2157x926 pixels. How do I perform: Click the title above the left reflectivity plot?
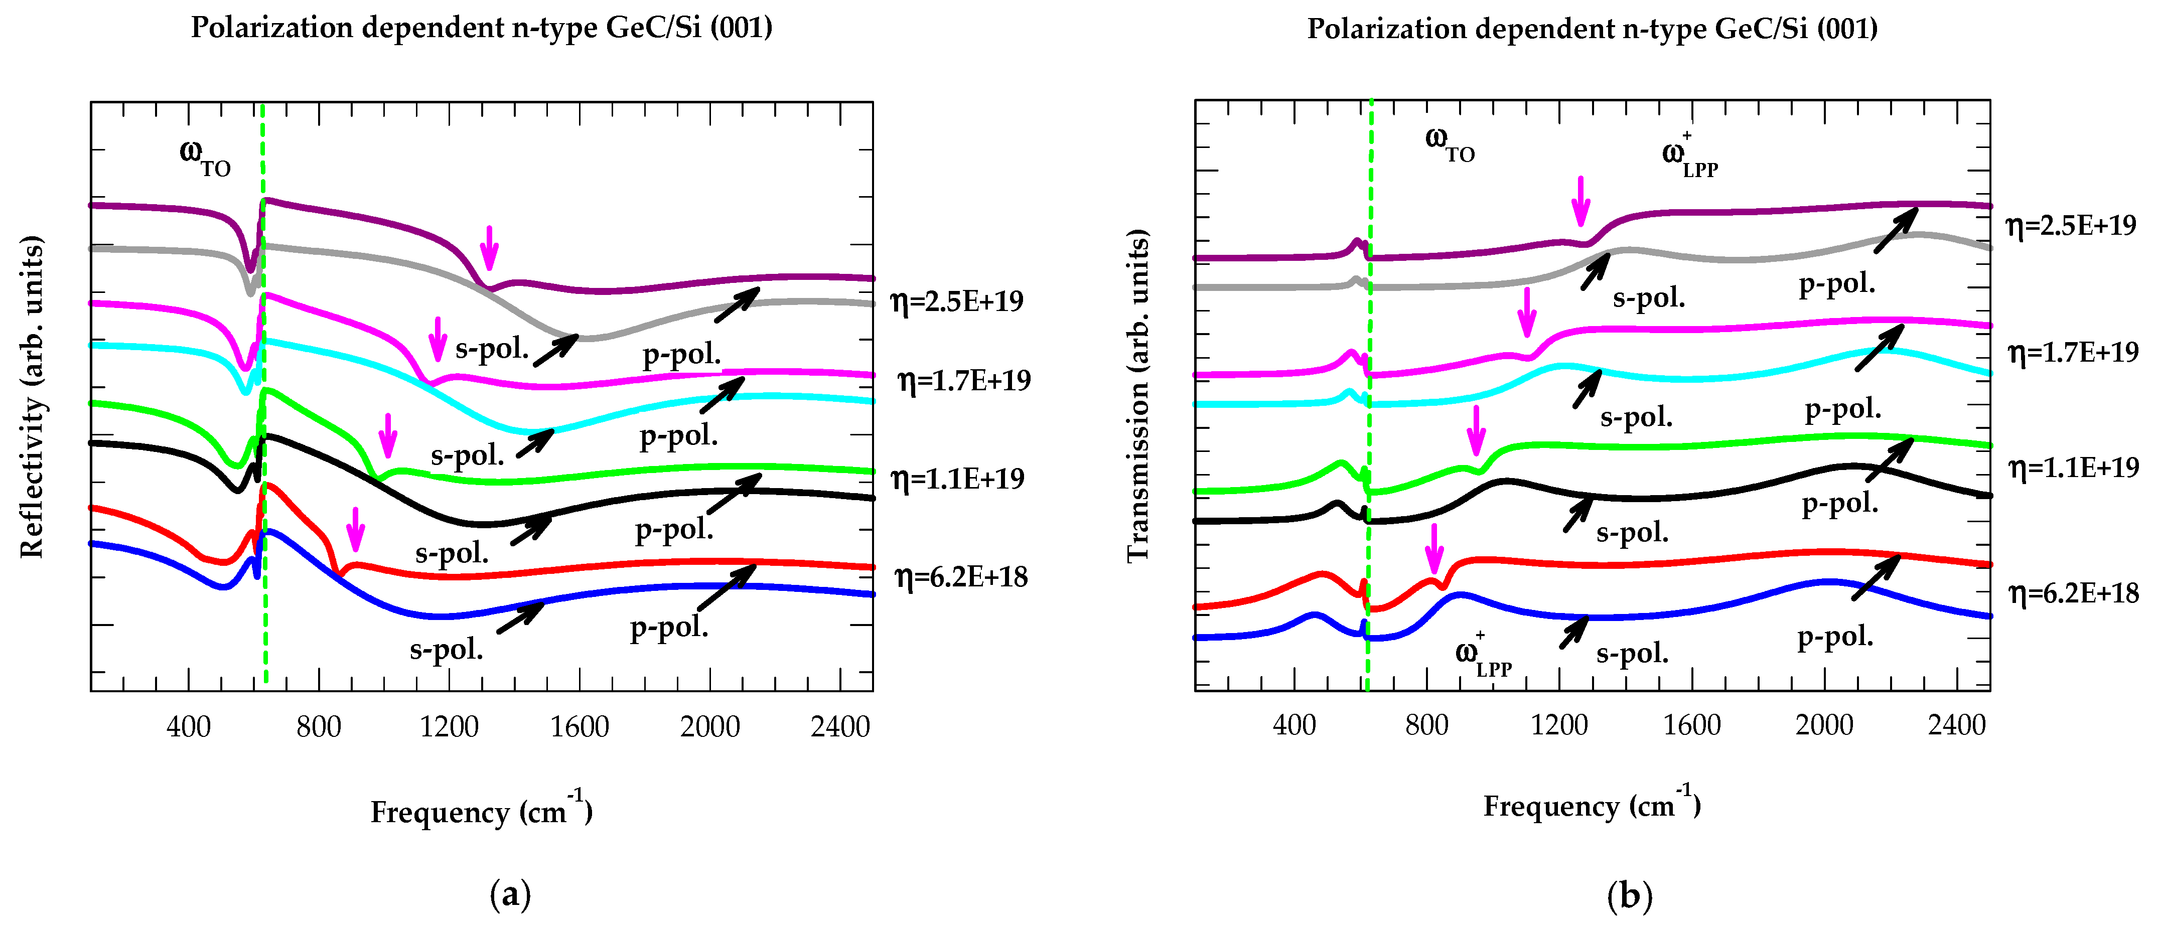click(482, 28)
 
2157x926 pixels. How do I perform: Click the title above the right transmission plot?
click(1592, 29)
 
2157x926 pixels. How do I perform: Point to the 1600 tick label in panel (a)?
click(580, 726)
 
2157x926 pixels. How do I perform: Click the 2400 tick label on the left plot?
click(840, 726)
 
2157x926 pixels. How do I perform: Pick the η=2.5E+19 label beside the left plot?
click(957, 300)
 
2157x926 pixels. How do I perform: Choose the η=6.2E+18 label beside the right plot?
click(2073, 593)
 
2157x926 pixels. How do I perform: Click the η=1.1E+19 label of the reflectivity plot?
click(957, 479)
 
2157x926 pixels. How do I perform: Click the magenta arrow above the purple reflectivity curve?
click(489, 247)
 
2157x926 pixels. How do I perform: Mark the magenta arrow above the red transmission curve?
click(1434, 548)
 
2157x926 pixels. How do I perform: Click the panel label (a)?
click(510, 895)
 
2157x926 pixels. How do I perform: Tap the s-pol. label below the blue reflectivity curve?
click(447, 650)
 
